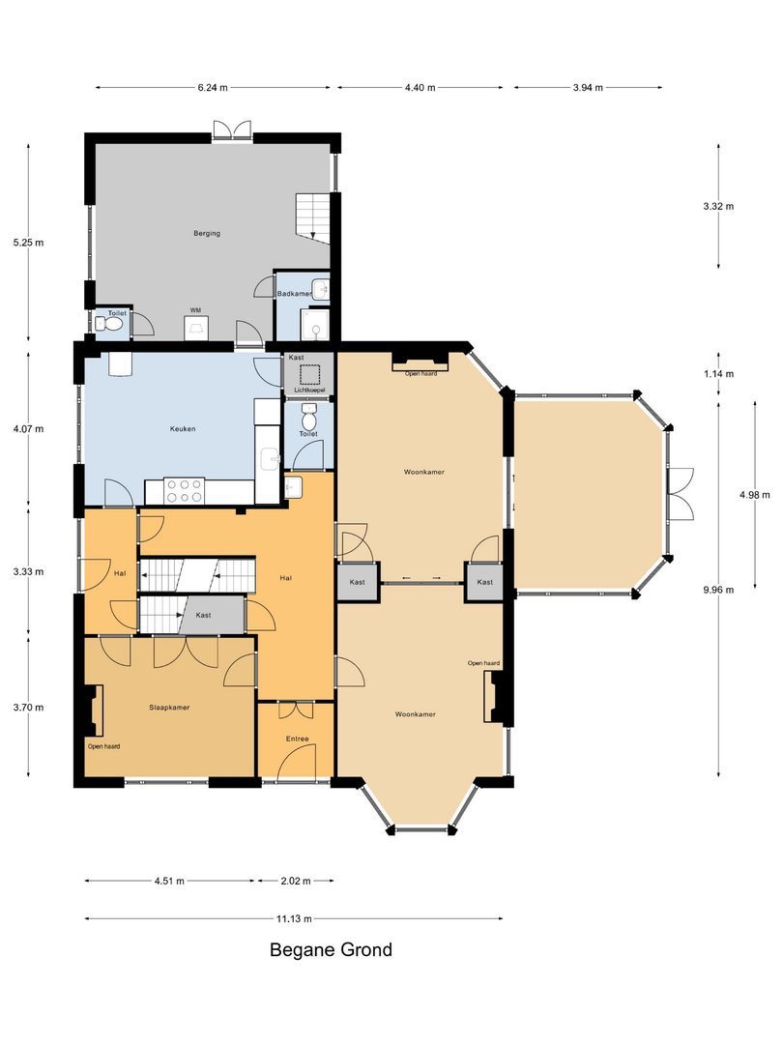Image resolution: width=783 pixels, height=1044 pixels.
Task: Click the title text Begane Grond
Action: pos(331,949)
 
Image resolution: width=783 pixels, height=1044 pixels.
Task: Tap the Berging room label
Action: pos(207,233)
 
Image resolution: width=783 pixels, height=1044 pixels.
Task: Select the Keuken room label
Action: pos(183,428)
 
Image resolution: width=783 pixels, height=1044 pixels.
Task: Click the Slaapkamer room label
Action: pos(169,707)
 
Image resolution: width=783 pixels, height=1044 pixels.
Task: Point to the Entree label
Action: pos(296,739)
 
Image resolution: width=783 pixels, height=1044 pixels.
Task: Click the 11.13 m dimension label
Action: pos(294,918)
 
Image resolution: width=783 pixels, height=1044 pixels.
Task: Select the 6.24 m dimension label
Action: pos(213,87)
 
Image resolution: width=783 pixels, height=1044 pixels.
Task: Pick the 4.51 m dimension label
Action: pos(168,881)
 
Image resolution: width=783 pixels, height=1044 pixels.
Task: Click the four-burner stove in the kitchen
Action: pos(184,491)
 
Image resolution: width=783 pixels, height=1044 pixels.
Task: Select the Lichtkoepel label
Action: pos(309,390)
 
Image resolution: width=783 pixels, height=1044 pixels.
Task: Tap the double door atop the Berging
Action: pos(232,130)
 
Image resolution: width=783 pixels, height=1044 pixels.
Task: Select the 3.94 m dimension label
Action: pos(588,87)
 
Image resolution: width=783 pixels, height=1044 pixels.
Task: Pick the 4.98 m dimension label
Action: pos(749,494)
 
